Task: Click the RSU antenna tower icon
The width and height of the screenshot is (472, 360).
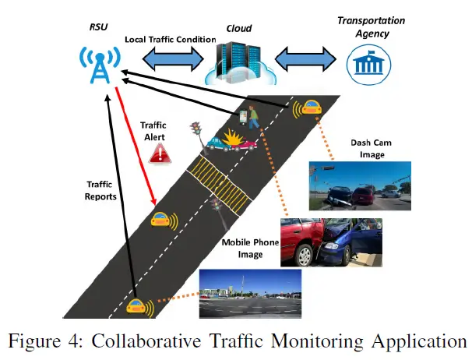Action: [x=98, y=65]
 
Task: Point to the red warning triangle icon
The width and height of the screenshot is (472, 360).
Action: [x=160, y=154]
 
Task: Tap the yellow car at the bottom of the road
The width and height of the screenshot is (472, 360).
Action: [x=139, y=306]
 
